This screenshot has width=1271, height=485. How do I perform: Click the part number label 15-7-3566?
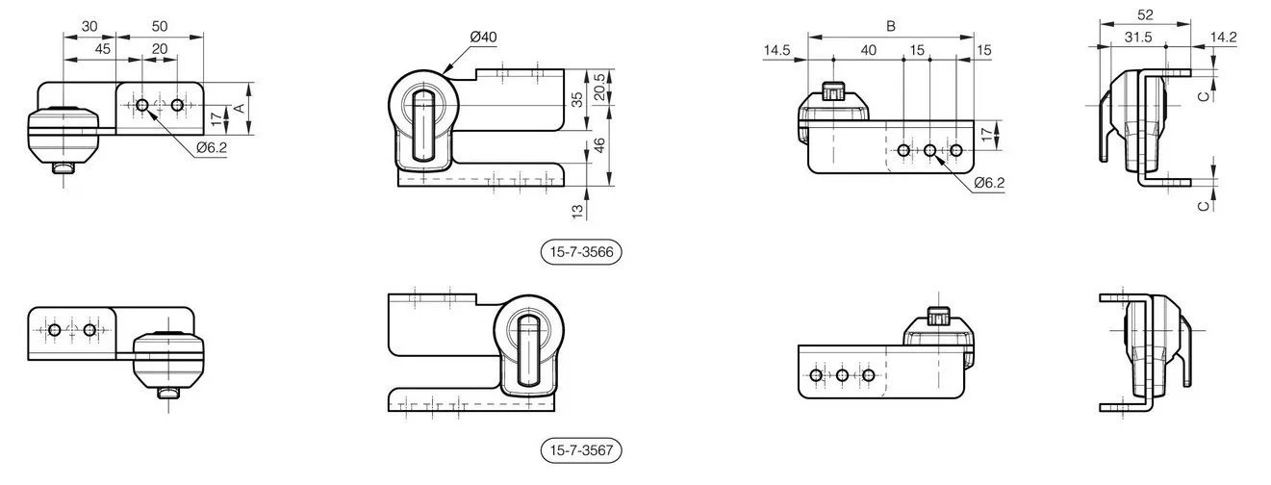tap(581, 252)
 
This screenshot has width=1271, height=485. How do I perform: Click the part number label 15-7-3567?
tap(581, 450)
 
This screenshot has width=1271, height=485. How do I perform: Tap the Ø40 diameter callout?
tap(483, 38)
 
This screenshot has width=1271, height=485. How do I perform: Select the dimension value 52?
tap(1145, 14)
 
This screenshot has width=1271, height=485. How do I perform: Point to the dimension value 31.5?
tap(1138, 38)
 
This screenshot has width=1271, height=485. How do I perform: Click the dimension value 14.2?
tap(1223, 38)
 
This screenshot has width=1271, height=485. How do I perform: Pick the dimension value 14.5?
tap(776, 50)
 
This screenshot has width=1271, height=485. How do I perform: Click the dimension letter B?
tap(891, 26)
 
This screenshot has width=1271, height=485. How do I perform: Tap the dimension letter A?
tap(240, 108)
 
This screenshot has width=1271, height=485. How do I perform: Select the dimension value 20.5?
tap(600, 87)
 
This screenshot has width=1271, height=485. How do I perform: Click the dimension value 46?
tap(600, 145)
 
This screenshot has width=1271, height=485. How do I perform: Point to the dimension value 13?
tap(577, 212)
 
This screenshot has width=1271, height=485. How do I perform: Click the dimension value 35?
tap(577, 100)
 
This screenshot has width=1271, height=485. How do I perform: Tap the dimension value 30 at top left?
tap(89, 26)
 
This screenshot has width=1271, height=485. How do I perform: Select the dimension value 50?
tap(160, 26)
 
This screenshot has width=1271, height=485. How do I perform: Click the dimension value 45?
tap(103, 49)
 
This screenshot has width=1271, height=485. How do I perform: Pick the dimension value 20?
tap(160, 49)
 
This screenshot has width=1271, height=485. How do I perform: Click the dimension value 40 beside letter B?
tap(868, 50)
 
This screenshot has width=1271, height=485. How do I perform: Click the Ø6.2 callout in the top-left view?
tap(212, 148)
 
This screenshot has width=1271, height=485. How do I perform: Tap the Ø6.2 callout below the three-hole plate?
tap(989, 183)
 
